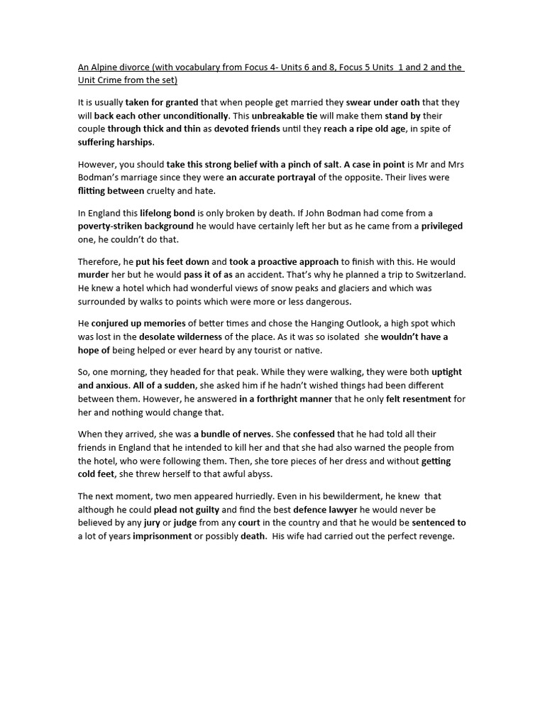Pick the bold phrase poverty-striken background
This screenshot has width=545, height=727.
pos(136,226)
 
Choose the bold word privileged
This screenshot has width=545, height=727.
pos(441,226)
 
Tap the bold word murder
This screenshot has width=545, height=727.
pos(94,275)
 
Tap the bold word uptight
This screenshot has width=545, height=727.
pos(446,372)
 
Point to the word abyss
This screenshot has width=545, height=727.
pos(256,474)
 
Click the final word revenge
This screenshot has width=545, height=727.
pos(434,536)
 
